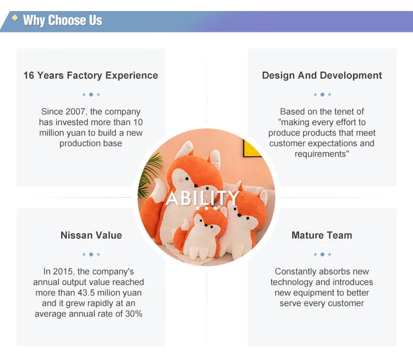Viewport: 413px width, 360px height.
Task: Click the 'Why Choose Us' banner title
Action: [62, 20]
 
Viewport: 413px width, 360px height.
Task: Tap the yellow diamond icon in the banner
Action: [15, 18]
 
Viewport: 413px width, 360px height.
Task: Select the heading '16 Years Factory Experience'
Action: [91, 76]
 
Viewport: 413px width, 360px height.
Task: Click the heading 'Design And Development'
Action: [322, 76]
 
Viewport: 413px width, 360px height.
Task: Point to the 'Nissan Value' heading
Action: [91, 235]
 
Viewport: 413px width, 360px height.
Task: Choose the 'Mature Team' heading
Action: [322, 235]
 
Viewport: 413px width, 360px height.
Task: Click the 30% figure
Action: [134, 314]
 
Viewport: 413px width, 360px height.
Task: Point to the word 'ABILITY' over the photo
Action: [202, 198]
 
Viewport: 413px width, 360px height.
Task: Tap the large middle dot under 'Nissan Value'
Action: [91, 254]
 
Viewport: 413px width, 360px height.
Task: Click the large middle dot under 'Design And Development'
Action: [322, 94]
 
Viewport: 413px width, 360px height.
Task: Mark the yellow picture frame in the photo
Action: [252, 149]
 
